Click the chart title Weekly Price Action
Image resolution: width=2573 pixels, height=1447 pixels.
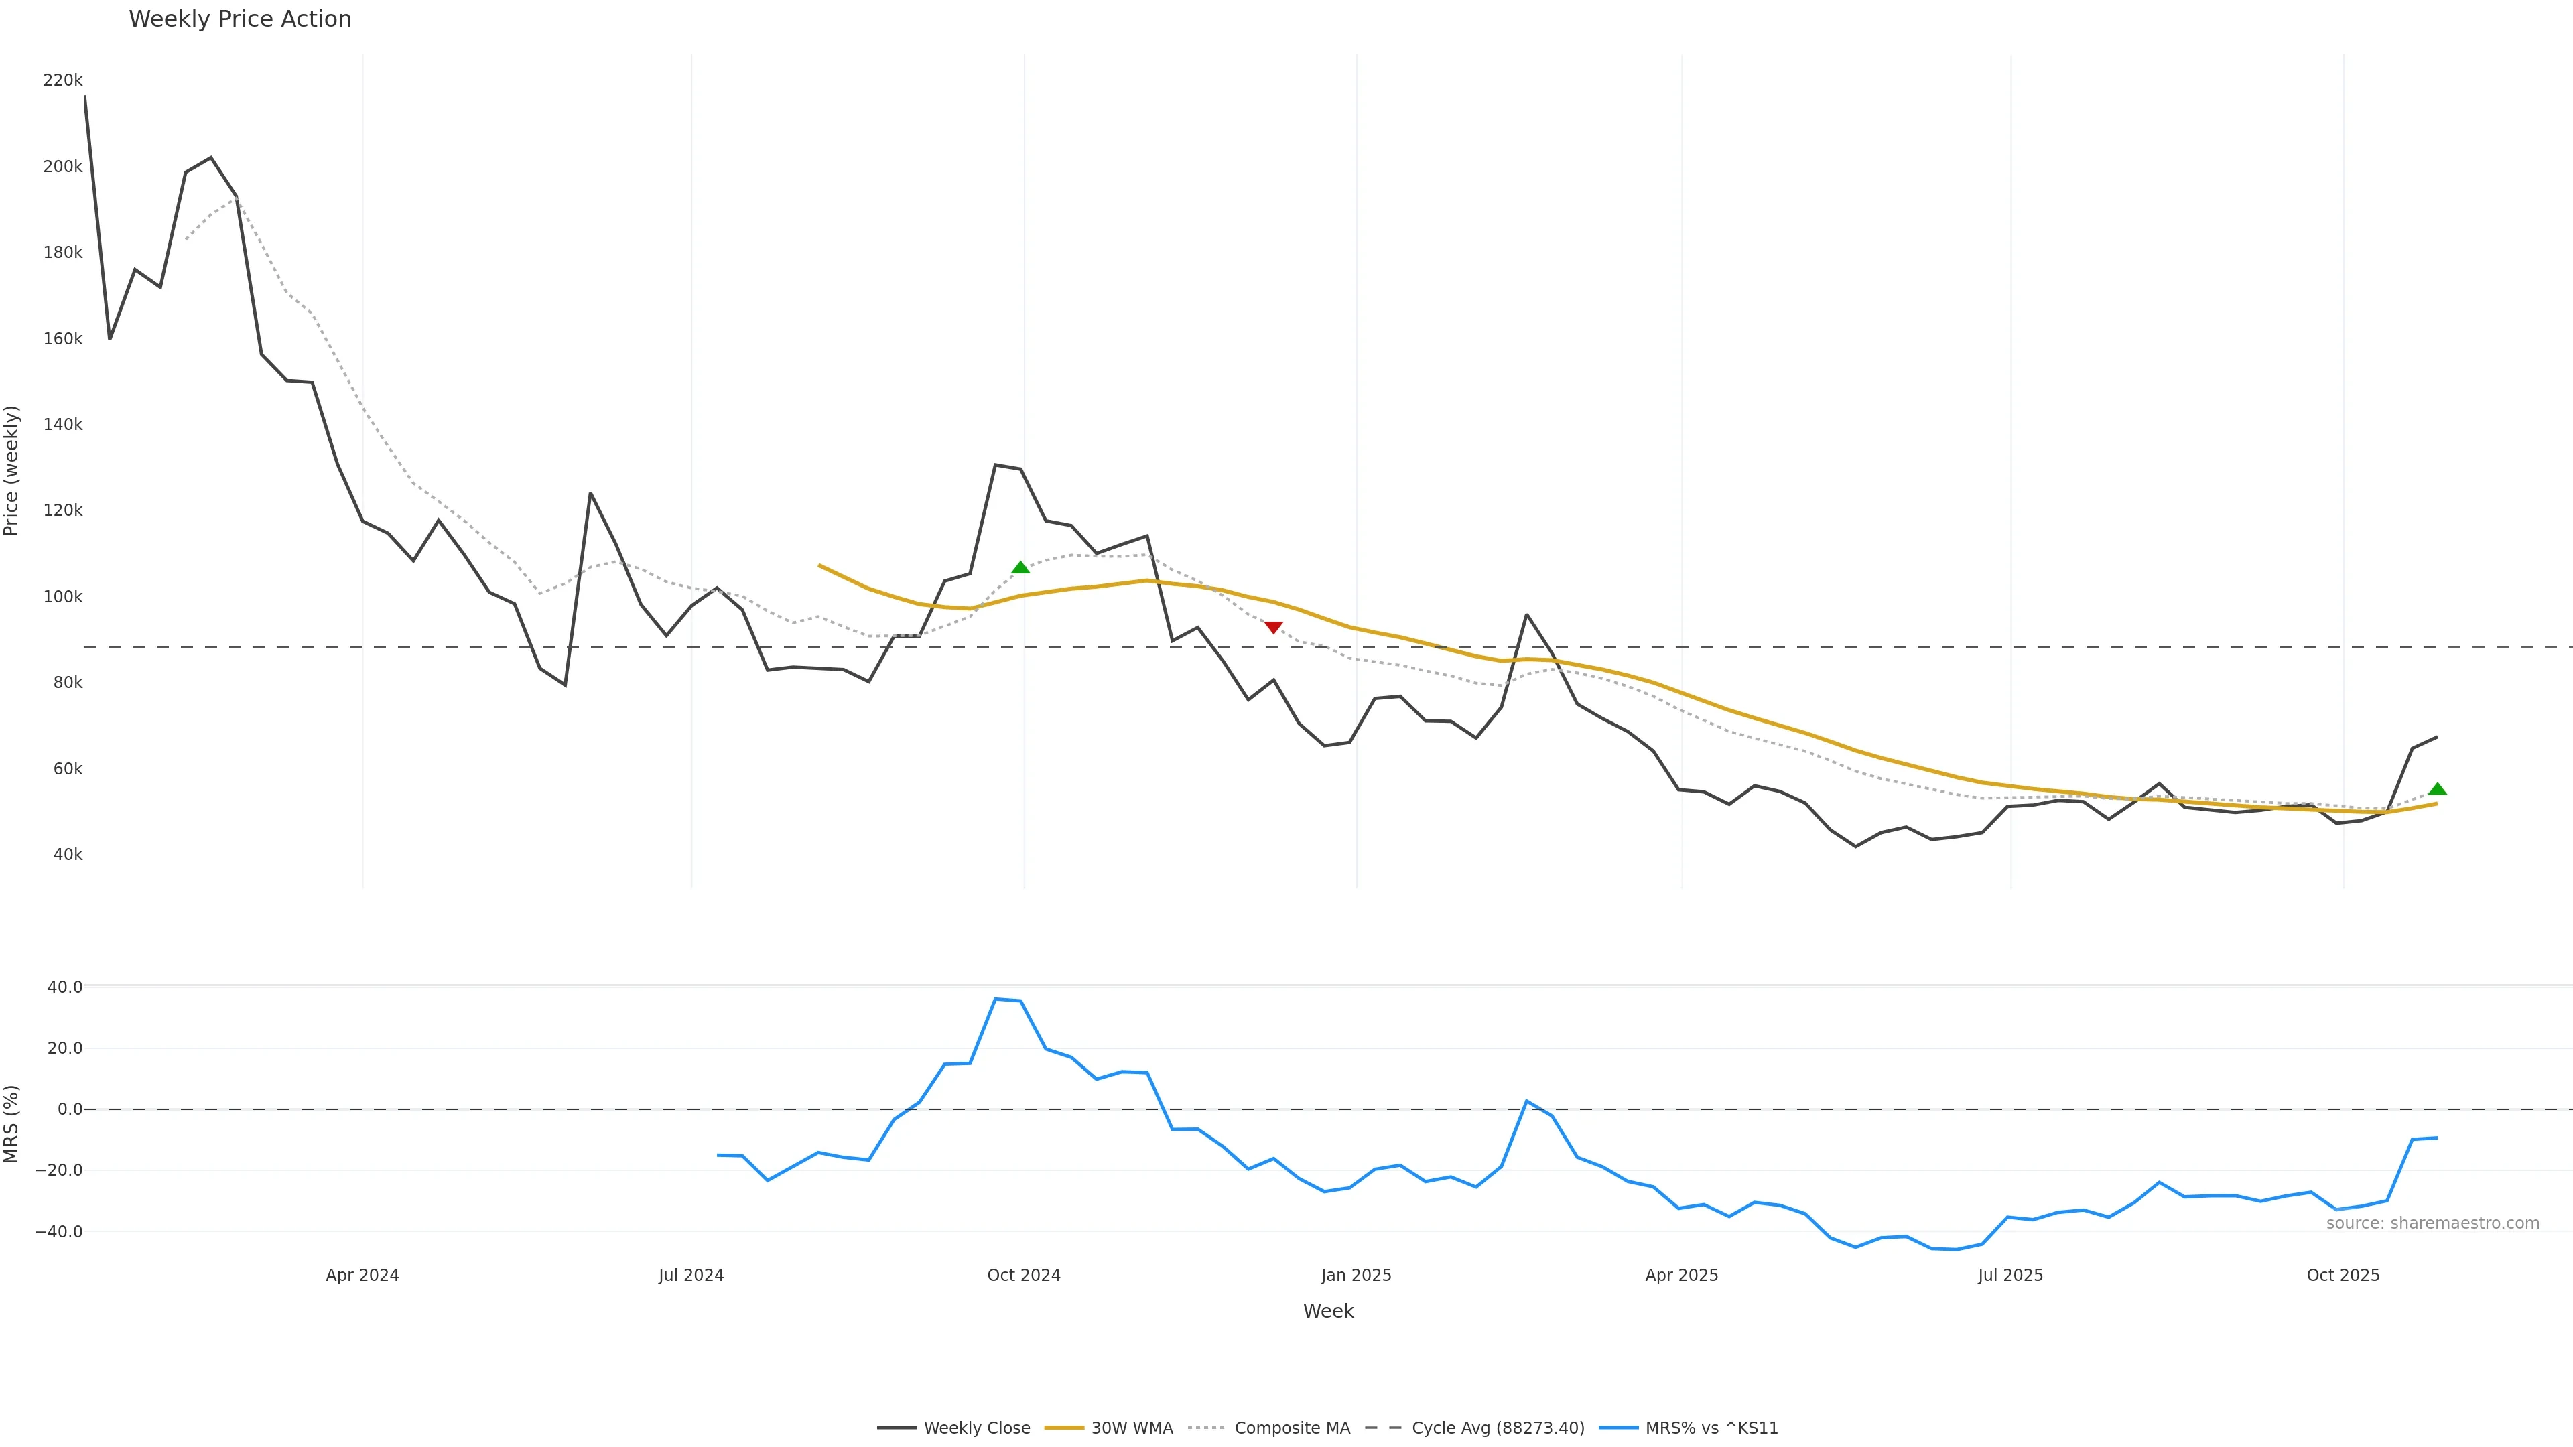tap(240, 19)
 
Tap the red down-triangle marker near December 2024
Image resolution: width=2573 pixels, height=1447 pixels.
tap(1274, 627)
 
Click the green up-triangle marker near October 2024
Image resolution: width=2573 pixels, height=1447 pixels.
tap(1020, 567)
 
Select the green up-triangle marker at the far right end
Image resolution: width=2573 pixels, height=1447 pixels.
tap(2437, 789)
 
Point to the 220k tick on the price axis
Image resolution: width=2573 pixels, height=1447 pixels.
tap(62, 80)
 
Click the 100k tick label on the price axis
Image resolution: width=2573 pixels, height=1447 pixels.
tap(62, 596)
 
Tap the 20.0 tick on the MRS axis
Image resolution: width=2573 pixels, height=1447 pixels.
tap(64, 1048)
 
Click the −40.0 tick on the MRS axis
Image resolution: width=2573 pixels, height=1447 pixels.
tap(58, 1231)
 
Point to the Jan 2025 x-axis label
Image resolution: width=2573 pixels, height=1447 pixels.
tap(1356, 1276)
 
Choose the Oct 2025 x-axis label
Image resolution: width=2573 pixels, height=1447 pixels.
tap(2343, 1276)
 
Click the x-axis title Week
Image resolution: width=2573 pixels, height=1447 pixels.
tap(1327, 1311)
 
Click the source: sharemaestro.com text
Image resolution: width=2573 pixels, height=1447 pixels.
tap(2432, 1223)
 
